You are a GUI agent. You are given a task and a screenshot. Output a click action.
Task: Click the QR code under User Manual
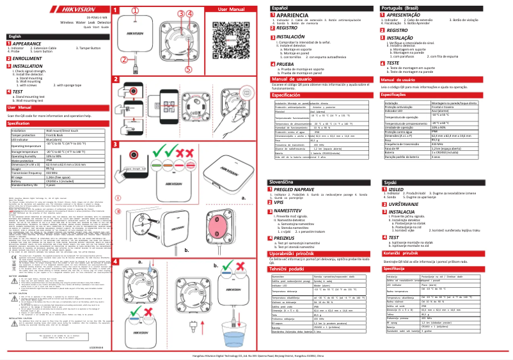(236, 39)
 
